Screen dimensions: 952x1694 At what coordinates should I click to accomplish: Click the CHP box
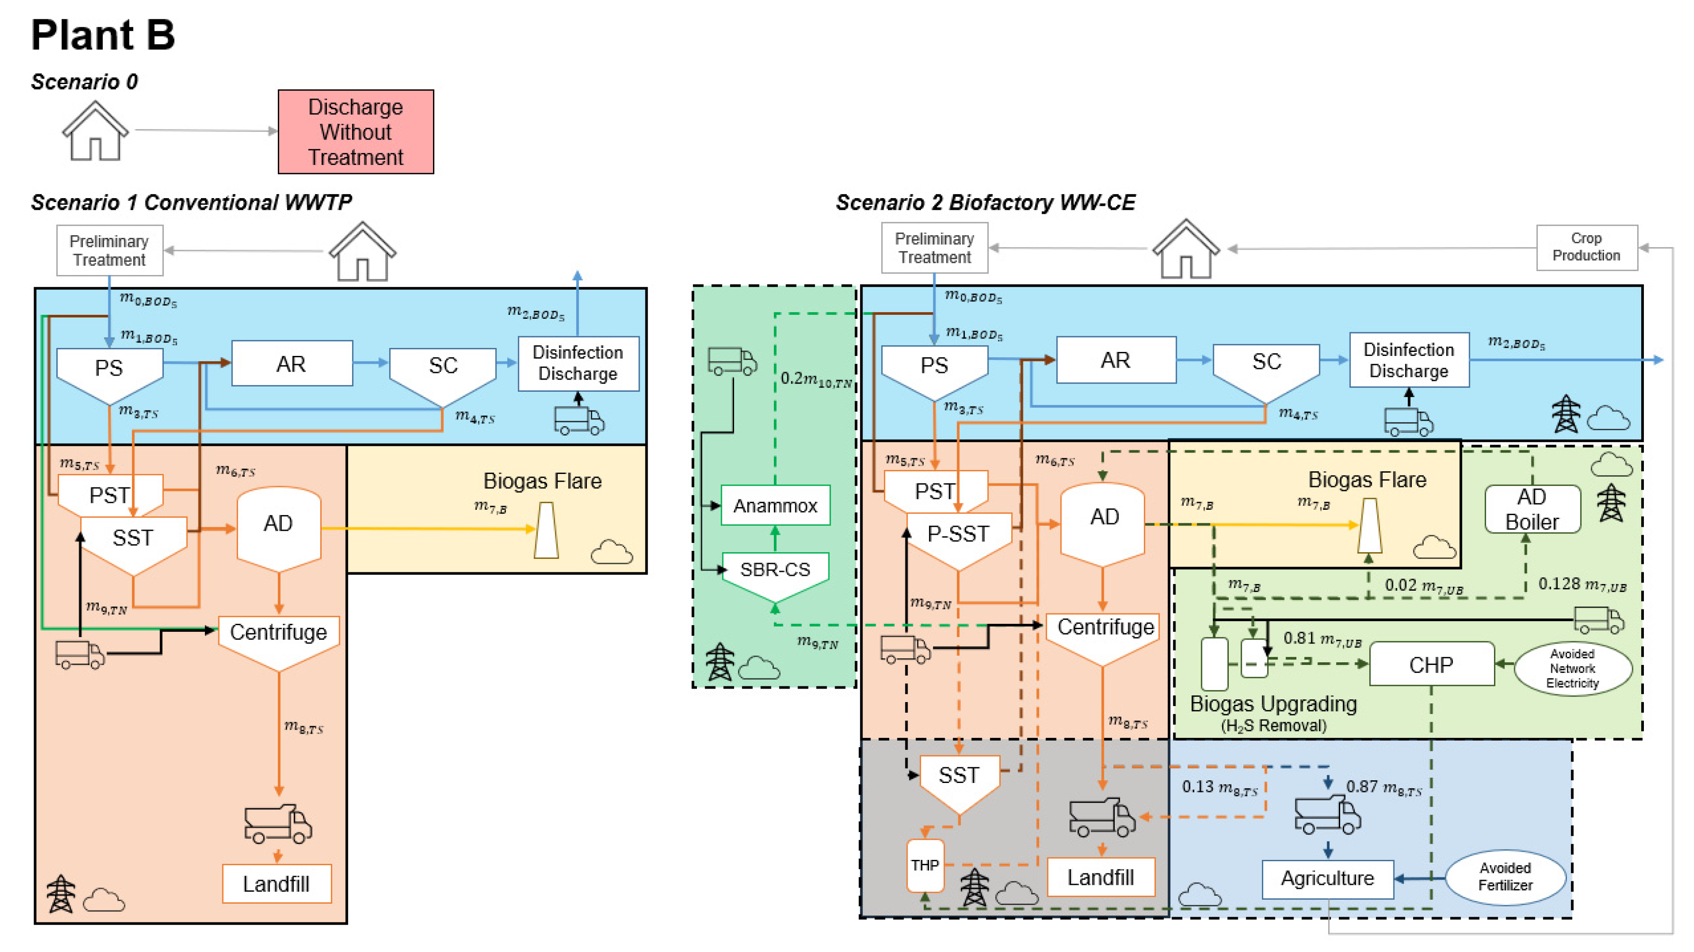click(1431, 664)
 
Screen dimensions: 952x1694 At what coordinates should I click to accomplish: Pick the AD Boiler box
click(1532, 509)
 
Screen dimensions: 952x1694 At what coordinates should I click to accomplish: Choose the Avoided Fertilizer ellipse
click(1505, 876)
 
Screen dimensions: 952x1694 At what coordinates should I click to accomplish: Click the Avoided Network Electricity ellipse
click(1572, 668)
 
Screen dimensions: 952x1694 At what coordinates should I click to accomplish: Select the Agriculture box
click(1327, 878)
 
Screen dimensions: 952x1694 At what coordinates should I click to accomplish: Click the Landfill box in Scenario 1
click(276, 884)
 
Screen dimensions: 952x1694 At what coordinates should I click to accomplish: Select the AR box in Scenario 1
click(291, 363)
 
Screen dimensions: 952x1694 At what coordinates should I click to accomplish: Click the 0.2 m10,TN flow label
click(816, 379)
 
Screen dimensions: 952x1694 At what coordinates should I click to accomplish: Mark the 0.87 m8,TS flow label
click(1384, 787)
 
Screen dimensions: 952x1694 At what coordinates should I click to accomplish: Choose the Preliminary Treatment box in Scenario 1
click(109, 250)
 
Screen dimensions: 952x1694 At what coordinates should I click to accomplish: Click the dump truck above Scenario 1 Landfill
click(277, 823)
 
